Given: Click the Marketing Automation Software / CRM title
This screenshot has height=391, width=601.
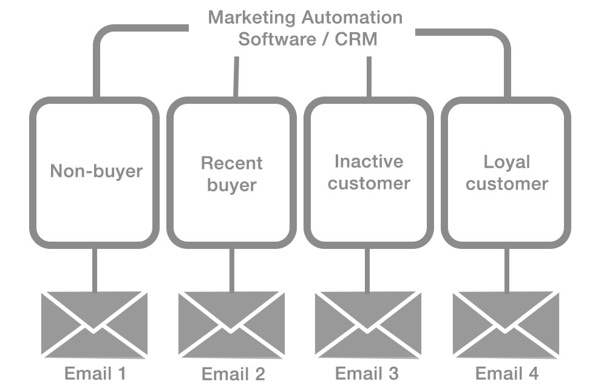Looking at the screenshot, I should coord(305,28).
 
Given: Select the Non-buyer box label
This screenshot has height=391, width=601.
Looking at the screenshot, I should coord(96,171).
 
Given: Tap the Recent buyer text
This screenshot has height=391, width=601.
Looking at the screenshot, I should coord(232,174).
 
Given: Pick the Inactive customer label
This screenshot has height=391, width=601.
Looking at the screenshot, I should coord(368,172).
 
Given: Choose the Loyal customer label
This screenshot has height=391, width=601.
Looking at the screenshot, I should coord(507,173).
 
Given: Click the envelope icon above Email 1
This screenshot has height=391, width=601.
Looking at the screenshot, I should coord(94,324).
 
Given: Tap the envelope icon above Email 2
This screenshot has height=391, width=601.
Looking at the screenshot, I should coord(231,324).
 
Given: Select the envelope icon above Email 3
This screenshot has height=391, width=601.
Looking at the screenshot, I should coord(368,324).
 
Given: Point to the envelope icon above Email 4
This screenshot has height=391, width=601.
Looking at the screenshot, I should coord(506,324).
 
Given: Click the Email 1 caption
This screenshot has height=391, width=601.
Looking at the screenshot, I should coord(95,373).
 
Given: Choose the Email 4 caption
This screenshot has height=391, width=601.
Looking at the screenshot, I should coord(507,373).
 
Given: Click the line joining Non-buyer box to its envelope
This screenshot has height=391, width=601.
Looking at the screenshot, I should coord(95,270).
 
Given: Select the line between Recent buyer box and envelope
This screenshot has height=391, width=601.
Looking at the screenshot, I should coord(232,270).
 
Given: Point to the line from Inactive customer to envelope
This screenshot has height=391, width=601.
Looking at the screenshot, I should coord(368,270).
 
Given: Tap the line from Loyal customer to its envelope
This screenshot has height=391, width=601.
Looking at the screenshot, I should coord(506,270).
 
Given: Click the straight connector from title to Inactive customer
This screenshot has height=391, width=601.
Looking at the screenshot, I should coord(369,77).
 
